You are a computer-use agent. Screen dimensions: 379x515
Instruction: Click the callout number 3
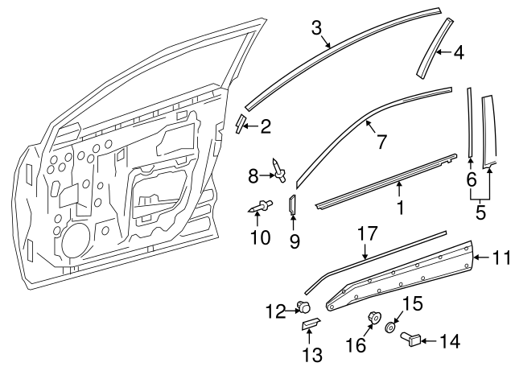coord(317,27)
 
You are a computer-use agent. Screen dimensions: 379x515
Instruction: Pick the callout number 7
coord(382,142)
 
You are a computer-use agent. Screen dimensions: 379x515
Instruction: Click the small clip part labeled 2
coord(241,122)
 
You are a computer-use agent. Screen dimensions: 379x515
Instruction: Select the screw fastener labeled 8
coord(278,169)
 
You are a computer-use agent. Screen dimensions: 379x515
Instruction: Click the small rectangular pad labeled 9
coord(293,206)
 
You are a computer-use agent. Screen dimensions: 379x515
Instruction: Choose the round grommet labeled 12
coord(304,306)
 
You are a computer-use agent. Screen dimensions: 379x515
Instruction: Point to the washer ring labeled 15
coord(390,328)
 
